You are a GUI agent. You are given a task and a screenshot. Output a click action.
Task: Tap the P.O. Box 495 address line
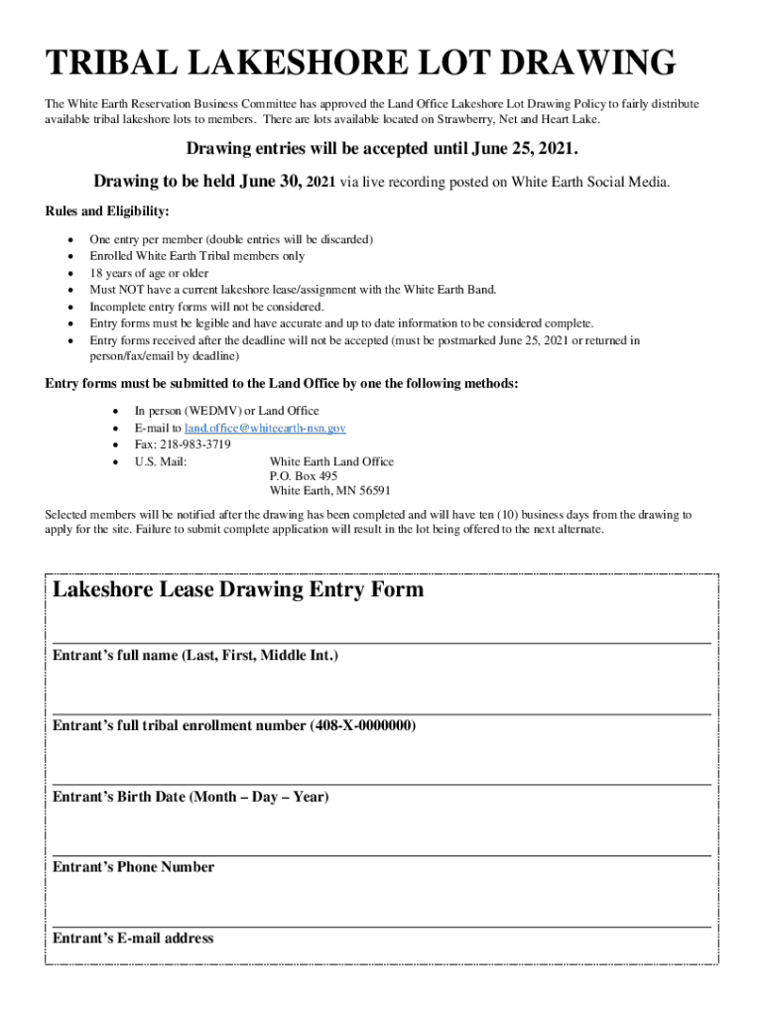tap(303, 476)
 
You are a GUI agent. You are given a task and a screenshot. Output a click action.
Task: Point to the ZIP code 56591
tap(372, 491)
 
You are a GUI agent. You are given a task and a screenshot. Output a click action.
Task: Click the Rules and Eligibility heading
tap(107, 211)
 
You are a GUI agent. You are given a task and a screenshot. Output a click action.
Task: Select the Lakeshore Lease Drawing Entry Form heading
tap(238, 590)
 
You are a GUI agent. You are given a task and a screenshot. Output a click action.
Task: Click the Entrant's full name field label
tap(195, 656)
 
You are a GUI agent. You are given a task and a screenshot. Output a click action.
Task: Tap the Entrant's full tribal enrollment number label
tap(234, 726)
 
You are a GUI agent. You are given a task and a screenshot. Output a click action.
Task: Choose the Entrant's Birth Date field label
tap(191, 797)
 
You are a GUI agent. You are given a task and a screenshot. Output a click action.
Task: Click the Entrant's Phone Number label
tap(133, 867)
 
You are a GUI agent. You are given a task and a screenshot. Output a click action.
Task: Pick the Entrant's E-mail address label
tap(133, 939)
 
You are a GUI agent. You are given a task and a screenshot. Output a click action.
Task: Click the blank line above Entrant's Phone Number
tap(381, 854)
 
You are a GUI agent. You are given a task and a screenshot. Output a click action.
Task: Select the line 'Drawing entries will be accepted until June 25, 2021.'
tap(382, 150)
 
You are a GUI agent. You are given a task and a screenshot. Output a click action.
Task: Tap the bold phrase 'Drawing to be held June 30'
tap(196, 182)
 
